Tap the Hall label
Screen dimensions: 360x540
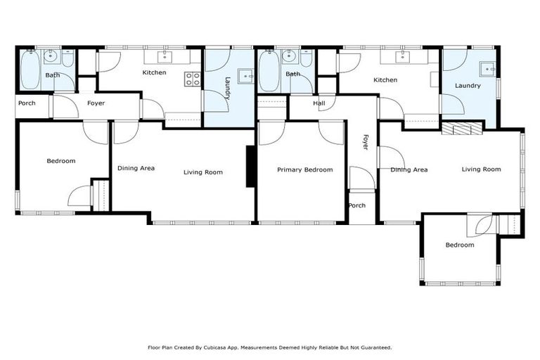319,103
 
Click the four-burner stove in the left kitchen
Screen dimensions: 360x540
192,79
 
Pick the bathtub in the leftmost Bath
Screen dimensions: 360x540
30,71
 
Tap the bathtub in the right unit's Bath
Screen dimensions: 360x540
269,71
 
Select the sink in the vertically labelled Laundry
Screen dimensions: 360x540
245,75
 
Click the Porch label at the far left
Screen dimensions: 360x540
27,103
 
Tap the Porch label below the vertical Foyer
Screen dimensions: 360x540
357,206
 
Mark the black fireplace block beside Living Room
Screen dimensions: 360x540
250,167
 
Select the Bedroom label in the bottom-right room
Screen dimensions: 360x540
460,245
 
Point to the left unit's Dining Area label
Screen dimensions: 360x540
136,168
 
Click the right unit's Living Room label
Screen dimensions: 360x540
481,169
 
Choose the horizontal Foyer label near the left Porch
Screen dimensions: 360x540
96,103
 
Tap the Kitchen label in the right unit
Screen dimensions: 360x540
385,80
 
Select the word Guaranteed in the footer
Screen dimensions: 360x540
375,347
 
